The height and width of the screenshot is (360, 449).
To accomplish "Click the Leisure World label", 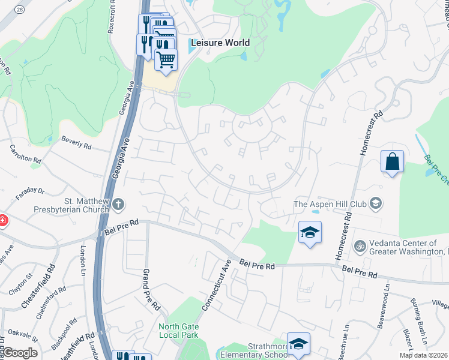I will [x=220, y=43].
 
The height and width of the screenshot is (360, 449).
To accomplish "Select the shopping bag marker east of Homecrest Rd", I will [x=392, y=161].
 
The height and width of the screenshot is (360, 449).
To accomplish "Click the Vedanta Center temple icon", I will [x=360, y=246].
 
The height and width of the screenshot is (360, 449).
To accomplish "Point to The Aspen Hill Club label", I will [x=330, y=204].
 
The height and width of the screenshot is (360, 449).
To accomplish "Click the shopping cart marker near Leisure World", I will [x=166, y=59].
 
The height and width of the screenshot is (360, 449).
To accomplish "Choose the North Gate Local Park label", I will [x=179, y=331].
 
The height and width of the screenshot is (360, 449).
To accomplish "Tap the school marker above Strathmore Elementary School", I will [x=298, y=343].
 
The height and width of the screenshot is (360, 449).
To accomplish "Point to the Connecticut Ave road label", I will [x=217, y=285].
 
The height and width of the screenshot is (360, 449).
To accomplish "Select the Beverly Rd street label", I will [x=76, y=142].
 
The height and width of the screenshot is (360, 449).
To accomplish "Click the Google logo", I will [x=19, y=353].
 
